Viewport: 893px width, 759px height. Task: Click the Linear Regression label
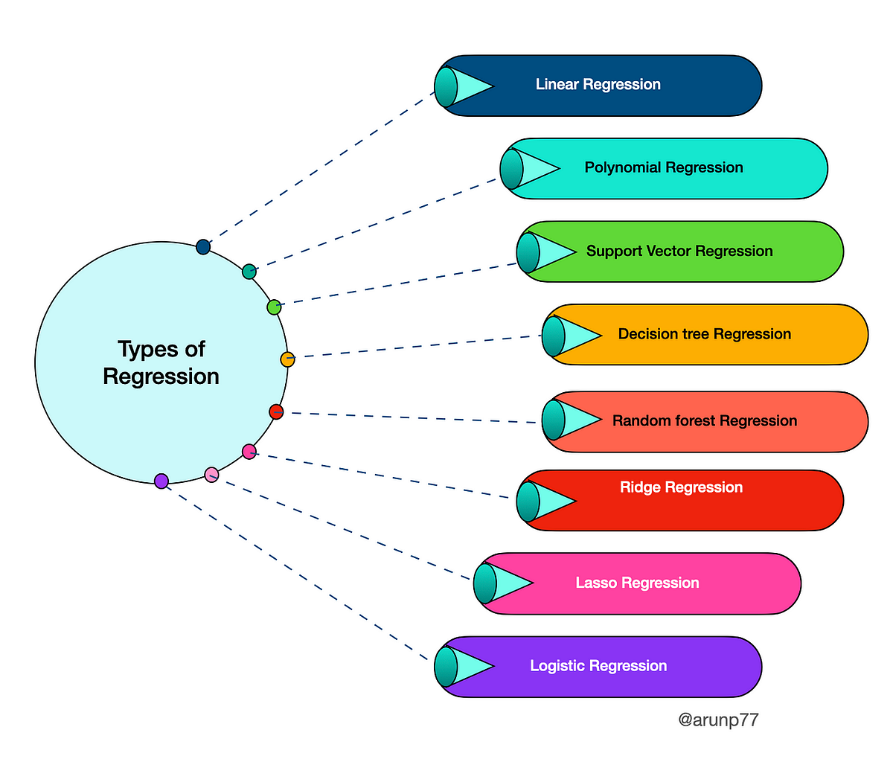[598, 85]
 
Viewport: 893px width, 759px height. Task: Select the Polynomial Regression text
[663, 168]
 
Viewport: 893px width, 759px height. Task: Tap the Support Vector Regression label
[679, 252]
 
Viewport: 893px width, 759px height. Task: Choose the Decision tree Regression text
[704, 334]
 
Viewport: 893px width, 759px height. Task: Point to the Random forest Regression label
[704, 421]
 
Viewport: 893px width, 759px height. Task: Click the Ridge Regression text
[681, 487]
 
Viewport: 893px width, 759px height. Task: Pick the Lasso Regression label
[637, 583]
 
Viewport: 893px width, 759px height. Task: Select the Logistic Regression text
[598, 666]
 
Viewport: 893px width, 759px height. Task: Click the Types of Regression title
[161, 362]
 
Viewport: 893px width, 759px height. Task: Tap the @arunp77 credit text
[718, 720]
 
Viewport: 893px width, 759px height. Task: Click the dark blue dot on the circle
[203, 247]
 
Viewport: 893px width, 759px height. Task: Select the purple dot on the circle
[161, 481]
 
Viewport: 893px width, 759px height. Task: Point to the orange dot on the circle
[287, 359]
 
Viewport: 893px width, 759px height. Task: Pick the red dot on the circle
[276, 411]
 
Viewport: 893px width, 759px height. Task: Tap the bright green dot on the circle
[274, 307]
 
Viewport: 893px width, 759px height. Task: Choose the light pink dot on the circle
[211, 474]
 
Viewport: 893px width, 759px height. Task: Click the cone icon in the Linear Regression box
[461, 86]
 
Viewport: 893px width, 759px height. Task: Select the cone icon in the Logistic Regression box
[461, 667]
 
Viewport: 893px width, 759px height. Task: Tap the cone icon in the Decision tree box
[569, 336]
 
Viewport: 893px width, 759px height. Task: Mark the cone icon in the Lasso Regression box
[501, 583]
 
